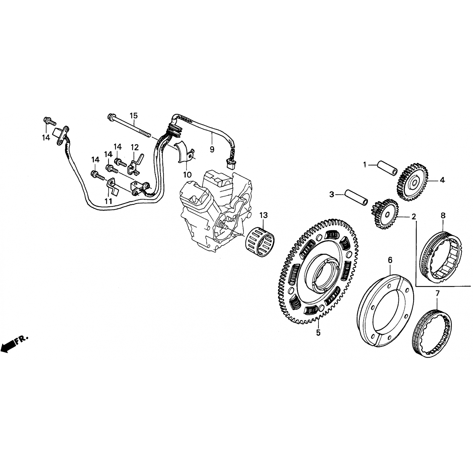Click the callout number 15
click(134, 115)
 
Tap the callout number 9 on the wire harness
click(212, 149)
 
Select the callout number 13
click(263, 215)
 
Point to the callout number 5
click(318, 332)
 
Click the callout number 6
click(390, 260)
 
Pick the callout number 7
click(437, 293)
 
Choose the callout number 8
click(443, 215)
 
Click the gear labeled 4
click(412, 181)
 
